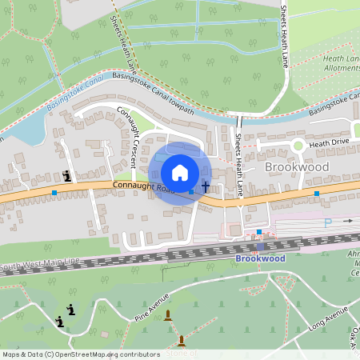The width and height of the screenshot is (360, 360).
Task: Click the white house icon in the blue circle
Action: point(180,173)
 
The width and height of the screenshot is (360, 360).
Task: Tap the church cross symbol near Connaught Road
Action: point(206,187)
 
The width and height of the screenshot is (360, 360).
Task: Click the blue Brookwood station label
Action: point(260,259)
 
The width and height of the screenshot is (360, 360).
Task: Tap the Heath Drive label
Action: point(330,142)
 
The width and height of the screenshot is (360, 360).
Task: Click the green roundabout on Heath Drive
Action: point(298,145)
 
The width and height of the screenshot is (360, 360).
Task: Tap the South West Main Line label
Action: point(41,264)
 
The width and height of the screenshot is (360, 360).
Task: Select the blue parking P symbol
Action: point(327,223)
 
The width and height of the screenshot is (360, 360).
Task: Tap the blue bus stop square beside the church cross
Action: point(191,192)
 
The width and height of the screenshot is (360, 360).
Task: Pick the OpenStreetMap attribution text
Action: point(70,354)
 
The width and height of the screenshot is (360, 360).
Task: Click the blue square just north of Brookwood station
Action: point(259,232)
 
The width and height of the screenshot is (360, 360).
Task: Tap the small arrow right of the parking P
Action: point(347,220)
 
